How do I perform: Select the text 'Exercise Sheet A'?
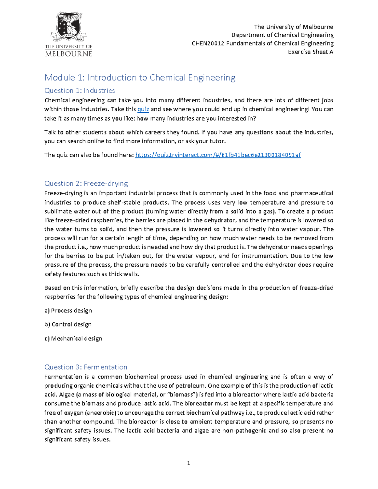[310, 52]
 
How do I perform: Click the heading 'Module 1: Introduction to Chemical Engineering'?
[140, 77]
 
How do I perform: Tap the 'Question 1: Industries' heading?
[80, 91]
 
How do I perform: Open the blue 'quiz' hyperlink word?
[143, 109]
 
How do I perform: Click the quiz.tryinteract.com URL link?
[218, 155]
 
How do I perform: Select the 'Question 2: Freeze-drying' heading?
[86, 184]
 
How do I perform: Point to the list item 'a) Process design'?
[68, 310]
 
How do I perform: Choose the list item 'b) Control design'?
[68, 324]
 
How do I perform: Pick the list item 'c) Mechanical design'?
[73, 338]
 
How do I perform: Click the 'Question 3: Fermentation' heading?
[86, 367]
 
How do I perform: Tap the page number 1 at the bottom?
[189, 463]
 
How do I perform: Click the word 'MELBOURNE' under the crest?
[69, 54]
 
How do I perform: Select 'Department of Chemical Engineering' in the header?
[282, 35]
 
